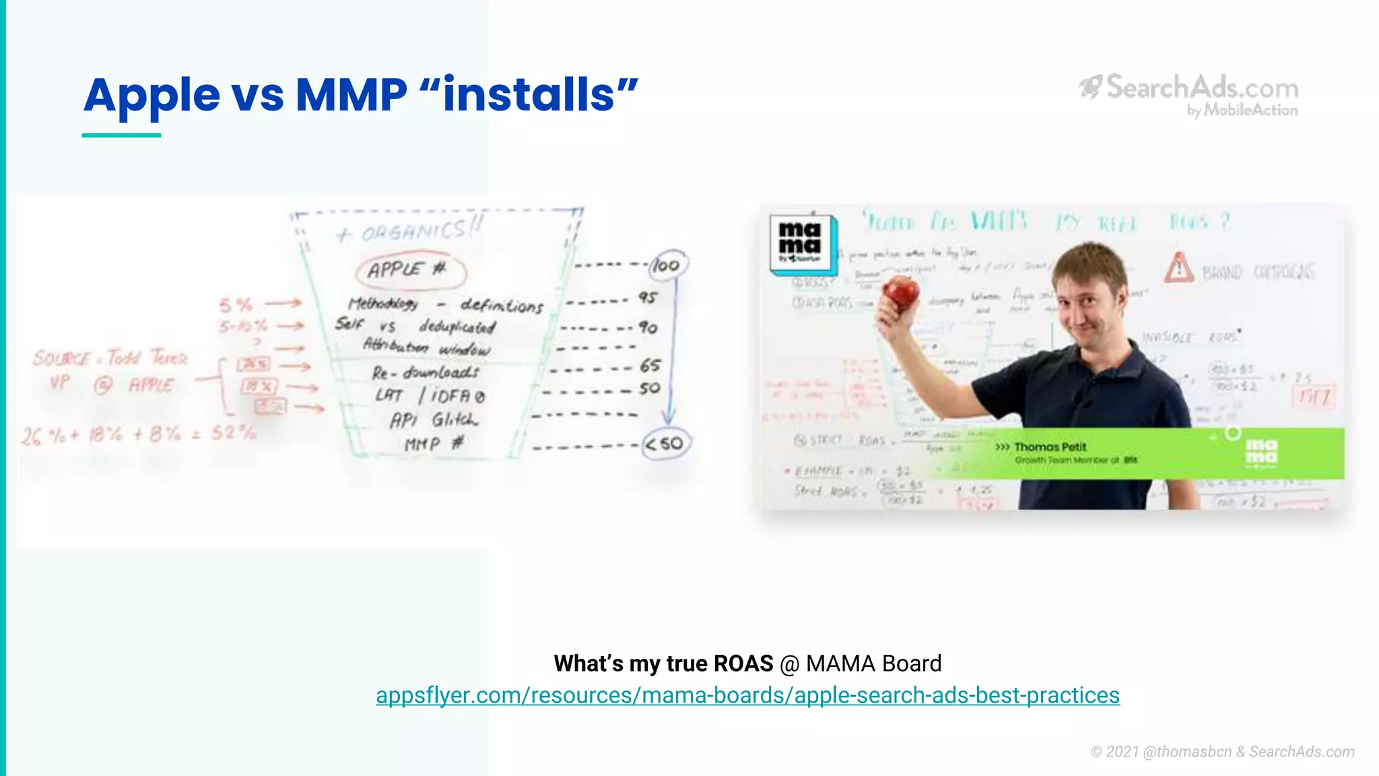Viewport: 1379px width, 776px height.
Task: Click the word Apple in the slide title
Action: click(x=152, y=95)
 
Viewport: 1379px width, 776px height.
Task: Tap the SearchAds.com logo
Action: click(x=1189, y=94)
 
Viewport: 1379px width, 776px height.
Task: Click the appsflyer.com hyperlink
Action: click(x=747, y=695)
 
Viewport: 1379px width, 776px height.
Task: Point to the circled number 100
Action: click(x=667, y=265)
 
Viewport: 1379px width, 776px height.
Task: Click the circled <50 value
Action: click(x=665, y=444)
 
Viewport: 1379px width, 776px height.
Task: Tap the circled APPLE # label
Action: click(x=410, y=270)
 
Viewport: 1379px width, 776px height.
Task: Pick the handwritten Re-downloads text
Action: click(x=425, y=372)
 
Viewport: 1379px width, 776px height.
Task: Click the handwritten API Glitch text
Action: click(x=434, y=420)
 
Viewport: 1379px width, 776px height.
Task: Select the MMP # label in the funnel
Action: click(x=434, y=445)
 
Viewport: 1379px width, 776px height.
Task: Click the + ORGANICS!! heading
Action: click(x=409, y=231)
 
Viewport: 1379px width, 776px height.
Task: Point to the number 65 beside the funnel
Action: click(x=650, y=365)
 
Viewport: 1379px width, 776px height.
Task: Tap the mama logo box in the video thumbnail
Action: click(x=802, y=245)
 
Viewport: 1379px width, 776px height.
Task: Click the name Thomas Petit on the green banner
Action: click(x=1050, y=447)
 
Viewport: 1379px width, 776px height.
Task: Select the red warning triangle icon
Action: click(x=1179, y=268)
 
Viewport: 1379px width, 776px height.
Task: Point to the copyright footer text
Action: click(x=1222, y=752)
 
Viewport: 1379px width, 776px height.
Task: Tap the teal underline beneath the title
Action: click(x=121, y=135)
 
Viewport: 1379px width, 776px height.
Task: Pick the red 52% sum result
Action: click(x=233, y=432)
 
